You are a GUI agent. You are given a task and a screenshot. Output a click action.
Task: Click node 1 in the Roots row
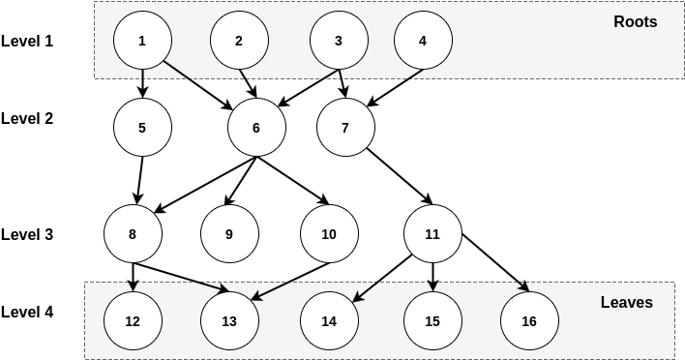(142, 41)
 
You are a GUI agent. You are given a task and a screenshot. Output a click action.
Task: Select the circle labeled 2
(239, 41)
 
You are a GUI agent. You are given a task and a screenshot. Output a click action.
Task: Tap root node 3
(339, 41)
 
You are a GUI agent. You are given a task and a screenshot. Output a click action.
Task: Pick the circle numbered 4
(423, 41)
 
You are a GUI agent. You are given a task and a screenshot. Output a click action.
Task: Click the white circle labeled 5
(142, 128)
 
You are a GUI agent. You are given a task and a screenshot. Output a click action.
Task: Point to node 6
(256, 128)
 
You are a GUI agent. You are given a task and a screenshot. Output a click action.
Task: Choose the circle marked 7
(345, 128)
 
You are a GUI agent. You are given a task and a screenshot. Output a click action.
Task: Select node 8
(133, 234)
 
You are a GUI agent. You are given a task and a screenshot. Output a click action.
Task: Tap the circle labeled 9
(229, 234)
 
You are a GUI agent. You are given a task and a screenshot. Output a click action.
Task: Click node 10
(329, 234)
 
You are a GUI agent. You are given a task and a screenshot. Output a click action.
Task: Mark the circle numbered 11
(432, 234)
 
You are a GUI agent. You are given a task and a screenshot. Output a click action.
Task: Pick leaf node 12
(133, 321)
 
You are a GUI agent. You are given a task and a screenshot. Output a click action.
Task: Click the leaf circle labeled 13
(229, 321)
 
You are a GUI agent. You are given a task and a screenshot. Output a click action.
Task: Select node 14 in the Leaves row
(329, 321)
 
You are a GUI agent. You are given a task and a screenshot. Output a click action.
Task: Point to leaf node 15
(432, 321)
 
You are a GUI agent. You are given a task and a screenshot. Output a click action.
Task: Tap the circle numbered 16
(529, 321)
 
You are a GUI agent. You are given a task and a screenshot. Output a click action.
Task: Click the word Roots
(635, 21)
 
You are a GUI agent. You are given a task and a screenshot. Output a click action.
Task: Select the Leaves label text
(626, 302)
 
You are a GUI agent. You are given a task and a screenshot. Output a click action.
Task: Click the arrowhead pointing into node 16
(525, 286)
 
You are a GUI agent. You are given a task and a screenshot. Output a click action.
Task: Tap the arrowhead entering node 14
(356, 297)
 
